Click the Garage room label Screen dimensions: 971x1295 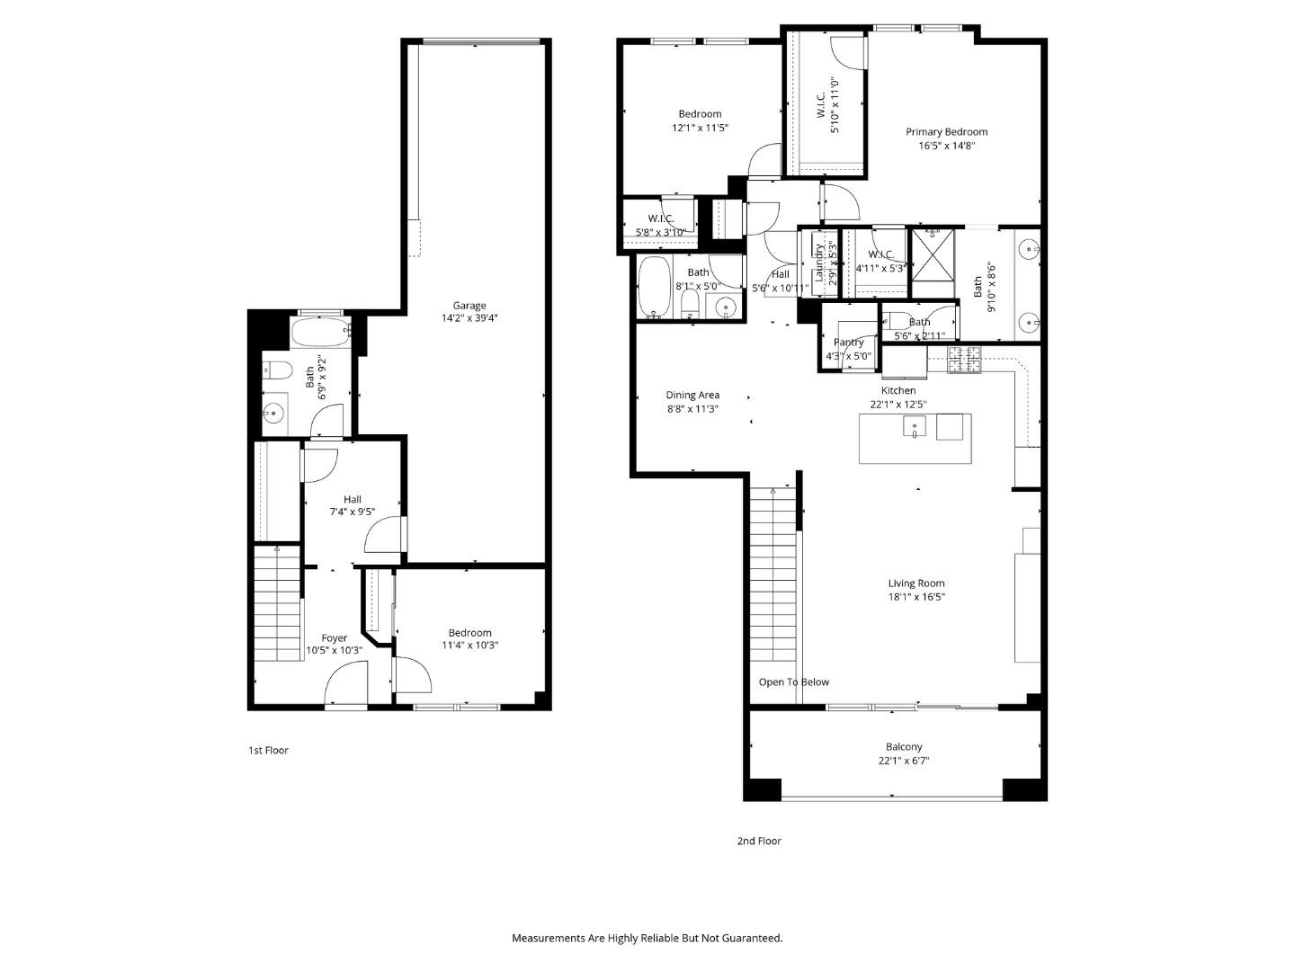point(469,306)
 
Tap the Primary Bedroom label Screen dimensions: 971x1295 point(946,132)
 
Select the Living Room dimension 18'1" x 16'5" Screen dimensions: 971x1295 point(916,597)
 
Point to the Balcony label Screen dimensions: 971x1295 point(904,747)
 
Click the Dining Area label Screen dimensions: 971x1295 point(692,395)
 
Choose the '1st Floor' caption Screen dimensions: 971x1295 point(268,750)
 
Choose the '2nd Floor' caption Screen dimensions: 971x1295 point(759,842)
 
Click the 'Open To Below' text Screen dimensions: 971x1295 point(794,682)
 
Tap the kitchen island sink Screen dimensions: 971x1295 point(915,427)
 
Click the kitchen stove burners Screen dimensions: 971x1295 point(965,360)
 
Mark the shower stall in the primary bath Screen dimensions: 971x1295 point(933,254)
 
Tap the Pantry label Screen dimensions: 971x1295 point(848,343)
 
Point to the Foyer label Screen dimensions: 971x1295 point(334,638)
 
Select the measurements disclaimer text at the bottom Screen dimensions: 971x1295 point(647,938)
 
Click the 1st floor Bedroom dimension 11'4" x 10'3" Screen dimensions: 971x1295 point(469,646)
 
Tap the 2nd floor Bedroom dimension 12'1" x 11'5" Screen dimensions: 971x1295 point(700,128)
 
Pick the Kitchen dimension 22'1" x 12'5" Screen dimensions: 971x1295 point(898,405)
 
